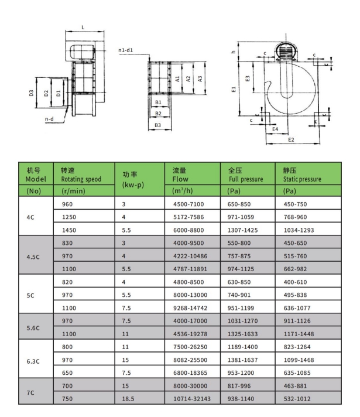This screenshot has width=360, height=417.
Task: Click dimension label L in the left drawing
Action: click(x=83, y=27)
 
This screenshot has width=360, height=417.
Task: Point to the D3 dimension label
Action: click(x=32, y=93)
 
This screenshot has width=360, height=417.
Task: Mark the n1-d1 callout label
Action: click(x=126, y=50)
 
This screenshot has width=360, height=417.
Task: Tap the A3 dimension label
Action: click(x=201, y=78)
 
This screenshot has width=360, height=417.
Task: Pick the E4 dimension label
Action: click(x=275, y=127)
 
